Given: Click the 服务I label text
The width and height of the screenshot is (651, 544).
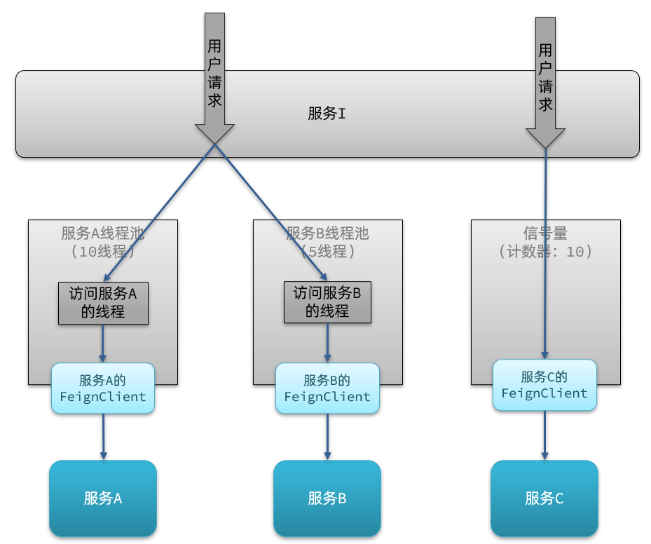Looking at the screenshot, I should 327,114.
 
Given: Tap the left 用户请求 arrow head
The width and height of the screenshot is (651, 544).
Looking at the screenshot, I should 214,133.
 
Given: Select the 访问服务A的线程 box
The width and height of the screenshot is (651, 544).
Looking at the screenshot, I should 103,303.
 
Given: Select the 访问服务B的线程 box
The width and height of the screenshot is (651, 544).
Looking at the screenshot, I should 327,302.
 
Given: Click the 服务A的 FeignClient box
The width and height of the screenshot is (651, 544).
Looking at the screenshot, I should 103,388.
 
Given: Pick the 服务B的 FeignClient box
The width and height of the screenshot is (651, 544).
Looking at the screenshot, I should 327,388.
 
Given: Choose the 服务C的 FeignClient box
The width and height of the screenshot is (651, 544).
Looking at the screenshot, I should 544,385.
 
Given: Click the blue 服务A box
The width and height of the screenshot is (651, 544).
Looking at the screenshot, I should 103,498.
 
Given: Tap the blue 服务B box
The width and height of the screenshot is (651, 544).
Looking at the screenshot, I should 327,498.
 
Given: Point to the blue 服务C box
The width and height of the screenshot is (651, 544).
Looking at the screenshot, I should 544,498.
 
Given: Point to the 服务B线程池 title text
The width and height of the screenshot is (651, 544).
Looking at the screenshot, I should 327,233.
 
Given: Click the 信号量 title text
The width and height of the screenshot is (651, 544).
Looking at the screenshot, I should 545,233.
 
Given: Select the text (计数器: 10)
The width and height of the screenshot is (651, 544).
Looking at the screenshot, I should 545,251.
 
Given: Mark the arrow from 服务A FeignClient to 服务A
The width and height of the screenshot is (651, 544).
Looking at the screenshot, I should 103,437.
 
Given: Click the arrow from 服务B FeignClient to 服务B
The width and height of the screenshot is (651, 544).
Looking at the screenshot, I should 327,437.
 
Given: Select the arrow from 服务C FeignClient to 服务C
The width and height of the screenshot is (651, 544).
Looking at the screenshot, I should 544,435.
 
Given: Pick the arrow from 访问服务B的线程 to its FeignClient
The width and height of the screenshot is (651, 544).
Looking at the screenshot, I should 327,343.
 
